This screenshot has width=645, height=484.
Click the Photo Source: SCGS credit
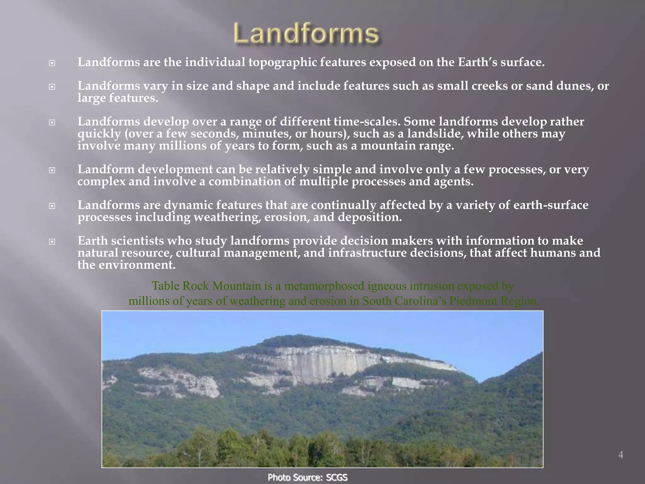pos(307,477)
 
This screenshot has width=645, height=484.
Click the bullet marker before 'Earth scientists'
pos(52,242)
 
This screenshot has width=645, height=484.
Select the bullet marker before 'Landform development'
pos(52,170)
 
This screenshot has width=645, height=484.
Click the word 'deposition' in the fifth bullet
pos(372,217)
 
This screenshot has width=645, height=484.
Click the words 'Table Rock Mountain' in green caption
pos(207,286)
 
